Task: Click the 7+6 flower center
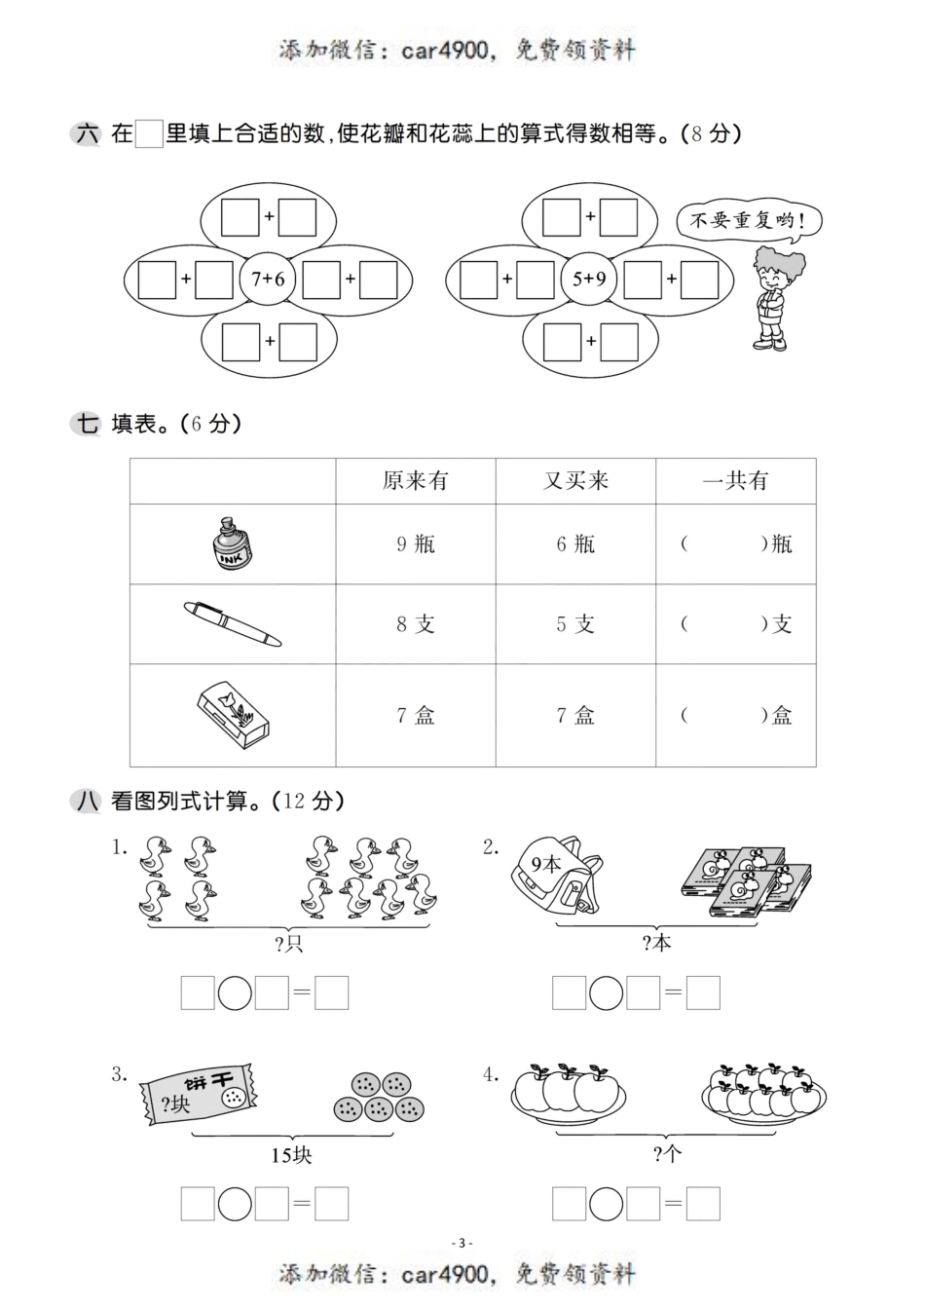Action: pyautogui.click(x=268, y=280)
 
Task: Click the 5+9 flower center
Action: pyautogui.click(x=589, y=280)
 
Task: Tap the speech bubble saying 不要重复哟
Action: pyautogui.click(x=748, y=220)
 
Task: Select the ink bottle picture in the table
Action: pyautogui.click(x=233, y=544)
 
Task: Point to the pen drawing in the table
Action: pyautogui.click(x=233, y=624)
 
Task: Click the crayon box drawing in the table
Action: pyautogui.click(x=234, y=715)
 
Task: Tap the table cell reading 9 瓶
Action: pyautogui.click(x=416, y=544)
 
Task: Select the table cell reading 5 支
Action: pyautogui.click(x=575, y=624)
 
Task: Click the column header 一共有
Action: pyautogui.click(x=735, y=481)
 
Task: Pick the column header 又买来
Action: pyautogui.click(x=575, y=481)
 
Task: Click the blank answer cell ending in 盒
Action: pyautogui.click(x=735, y=716)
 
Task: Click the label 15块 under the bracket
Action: pyautogui.click(x=291, y=1156)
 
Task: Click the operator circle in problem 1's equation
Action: pyautogui.click(x=235, y=993)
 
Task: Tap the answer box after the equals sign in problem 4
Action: pyautogui.click(x=703, y=1205)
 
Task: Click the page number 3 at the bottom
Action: pyautogui.click(x=463, y=1243)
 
